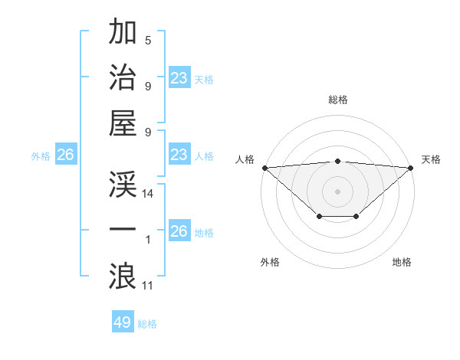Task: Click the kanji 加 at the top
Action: click(x=123, y=33)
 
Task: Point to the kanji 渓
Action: click(x=123, y=185)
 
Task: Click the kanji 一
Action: click(x=123, y=230)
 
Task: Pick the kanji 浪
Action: click(x=123, y=275)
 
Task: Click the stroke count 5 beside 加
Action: click(x=148, y=41)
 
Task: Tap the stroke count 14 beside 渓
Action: click(x=148, y=195)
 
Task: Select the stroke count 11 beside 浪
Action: click(x=148, y=286)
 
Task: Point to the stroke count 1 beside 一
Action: click(x=148, y=241)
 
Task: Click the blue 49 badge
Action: click(x=123, y=322)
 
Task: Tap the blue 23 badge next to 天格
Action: click(x=179, y=77)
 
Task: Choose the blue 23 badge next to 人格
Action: click(x=179, y=155)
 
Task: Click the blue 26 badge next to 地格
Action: click(x=179, y=231)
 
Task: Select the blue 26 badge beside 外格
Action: click(x=65, y=155)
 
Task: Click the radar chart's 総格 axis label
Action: click(x=337, y=100)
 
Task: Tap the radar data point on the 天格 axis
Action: click(x=411, y=168)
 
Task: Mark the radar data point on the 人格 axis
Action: click(x=264, y=168)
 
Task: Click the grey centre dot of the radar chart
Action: click(x=337, y=191)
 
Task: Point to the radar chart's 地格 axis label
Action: click(x=402, y=262)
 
